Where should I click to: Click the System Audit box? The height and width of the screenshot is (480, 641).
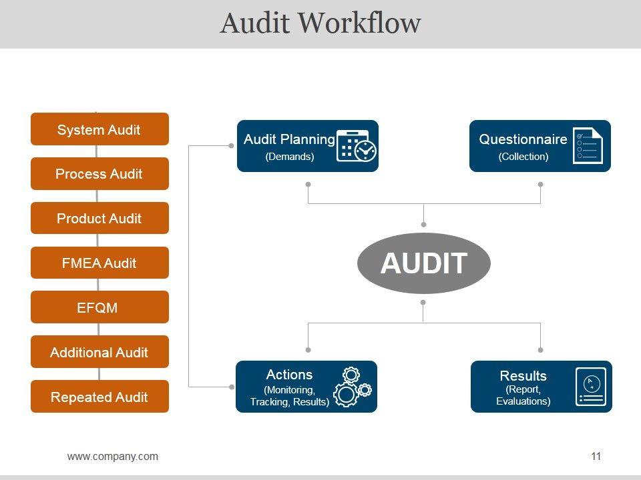[x=99, y=129]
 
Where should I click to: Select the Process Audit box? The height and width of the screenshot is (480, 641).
[x=99, y=173]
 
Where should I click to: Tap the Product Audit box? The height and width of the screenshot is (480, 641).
[x=99, y=218]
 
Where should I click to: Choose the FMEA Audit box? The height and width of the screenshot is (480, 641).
[x=99, y=263]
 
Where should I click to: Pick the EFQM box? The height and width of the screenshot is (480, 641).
[x=99, y=307]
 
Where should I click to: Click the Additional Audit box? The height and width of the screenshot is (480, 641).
[x=99, y=352]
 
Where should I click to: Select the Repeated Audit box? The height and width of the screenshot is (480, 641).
[x=99, y=396]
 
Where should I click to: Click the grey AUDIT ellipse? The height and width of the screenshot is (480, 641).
[x=424, y=263]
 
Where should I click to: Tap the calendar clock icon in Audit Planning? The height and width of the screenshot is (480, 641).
[x=357, y=146]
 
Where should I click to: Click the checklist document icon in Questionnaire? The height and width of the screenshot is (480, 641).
[x=588, y=146]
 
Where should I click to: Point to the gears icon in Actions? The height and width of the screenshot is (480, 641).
[x=353, y=387]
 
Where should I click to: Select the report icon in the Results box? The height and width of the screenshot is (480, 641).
[x=591, y=387]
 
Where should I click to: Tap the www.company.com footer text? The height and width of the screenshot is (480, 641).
[x=113, y=456]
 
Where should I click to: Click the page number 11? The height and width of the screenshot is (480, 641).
[x=596, y=456]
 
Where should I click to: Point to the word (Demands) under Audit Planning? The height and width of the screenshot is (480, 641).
[x=290, y=156]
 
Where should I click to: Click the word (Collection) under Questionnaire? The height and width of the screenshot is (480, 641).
[x=523, y=156]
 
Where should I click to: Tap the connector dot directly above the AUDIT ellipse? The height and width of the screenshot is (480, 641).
[x=423, y=225]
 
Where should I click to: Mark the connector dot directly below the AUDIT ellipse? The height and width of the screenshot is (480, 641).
[x=423, y=303]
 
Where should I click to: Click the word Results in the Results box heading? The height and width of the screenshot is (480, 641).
[x=523, y=375]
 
